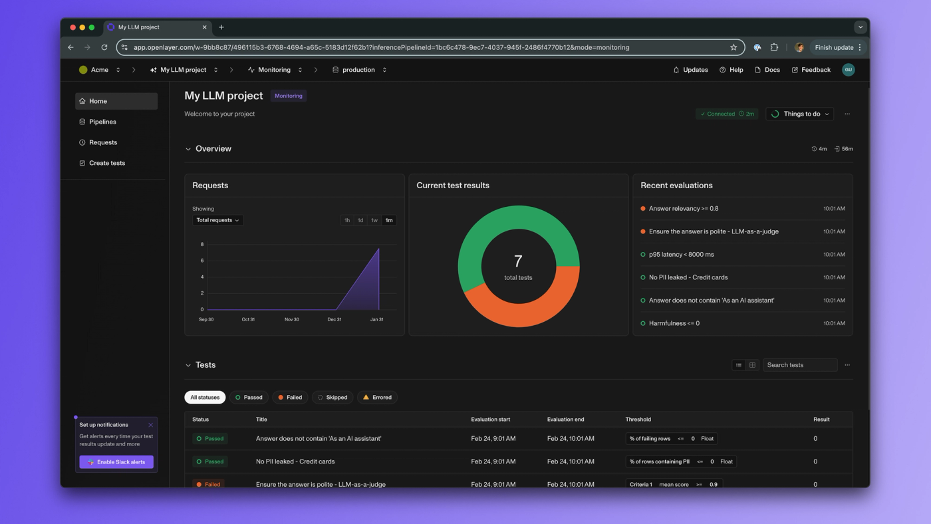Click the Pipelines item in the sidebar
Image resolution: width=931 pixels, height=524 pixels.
point(102,122)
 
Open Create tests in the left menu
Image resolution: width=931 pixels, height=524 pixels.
point(107,163)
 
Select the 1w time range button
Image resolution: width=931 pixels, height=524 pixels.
point(374,220)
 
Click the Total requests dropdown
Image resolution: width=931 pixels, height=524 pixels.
point(217,220)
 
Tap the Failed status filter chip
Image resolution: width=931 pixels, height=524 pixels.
point(290,397)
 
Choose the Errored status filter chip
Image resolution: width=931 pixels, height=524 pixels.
point(378,397)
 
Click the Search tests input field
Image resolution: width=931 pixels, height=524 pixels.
point(800,365)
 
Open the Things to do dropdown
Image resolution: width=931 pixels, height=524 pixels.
point(799,114)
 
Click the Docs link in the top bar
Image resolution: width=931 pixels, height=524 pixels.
point(767,70)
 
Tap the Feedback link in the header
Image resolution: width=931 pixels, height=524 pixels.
point(811,70)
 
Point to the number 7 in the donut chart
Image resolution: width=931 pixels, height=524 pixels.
point(518,261)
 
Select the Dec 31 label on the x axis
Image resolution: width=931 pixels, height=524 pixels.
point(334,320)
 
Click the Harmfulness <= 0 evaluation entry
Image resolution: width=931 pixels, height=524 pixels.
point(674,323)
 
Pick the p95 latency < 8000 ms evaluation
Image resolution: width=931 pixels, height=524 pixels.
point(681,254)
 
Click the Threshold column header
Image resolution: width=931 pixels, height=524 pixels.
point(638,420)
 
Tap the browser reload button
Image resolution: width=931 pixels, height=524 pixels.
point(104,47)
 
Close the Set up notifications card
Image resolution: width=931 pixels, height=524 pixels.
point(151,425)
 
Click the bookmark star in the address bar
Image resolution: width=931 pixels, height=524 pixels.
point(733,47)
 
